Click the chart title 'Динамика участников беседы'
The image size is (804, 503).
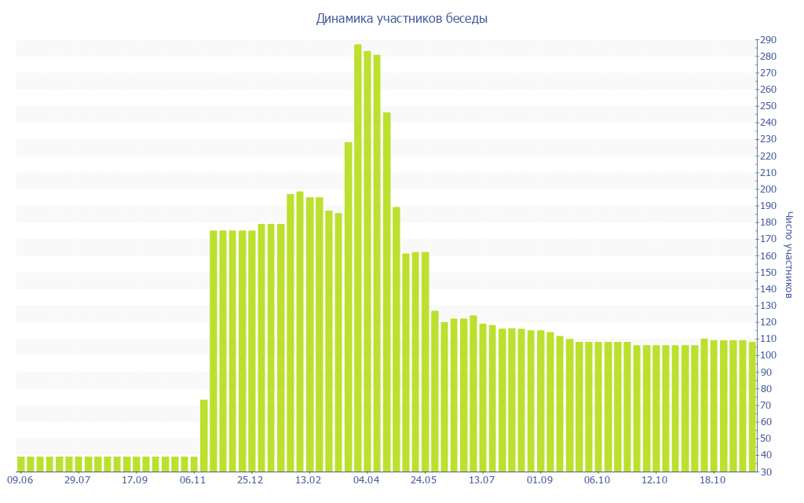(x=401, y=18)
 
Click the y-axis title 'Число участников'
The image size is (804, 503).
(x=789, y=255)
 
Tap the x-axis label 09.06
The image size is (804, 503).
(x=20, y=480)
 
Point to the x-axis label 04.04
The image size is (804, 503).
(x=367, y=480)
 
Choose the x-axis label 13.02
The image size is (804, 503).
(x=309, y=480)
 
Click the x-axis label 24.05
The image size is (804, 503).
(x=424, y=480)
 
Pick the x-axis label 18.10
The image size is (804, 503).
(x=713, y=480)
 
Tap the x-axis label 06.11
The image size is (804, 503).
(x=193, y=480)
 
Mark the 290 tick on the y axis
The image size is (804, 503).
(x=767, y=40)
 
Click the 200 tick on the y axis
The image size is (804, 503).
(x=767, y=189)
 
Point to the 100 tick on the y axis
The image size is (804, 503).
(x=767, y=355)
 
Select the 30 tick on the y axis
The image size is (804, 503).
(x=767, y=472)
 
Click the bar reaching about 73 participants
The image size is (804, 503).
(x=204, y=436)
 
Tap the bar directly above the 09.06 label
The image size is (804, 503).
(x=21, y=464)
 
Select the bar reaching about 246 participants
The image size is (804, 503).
(x=386, y=292)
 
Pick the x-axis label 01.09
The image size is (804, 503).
(x=539, y=480)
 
